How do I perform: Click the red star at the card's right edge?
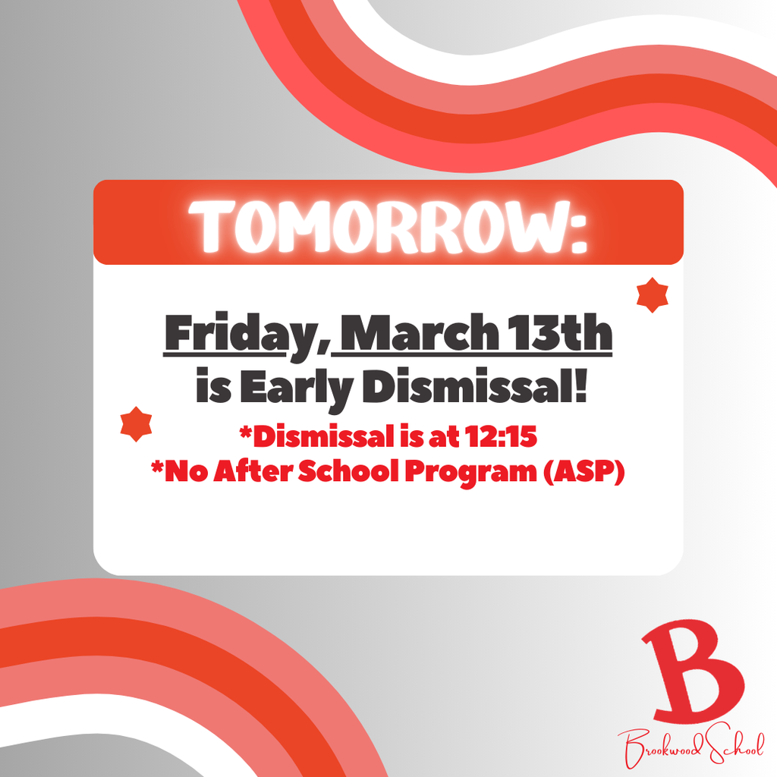coord(652,294)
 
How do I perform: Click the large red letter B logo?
coord(690,673)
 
